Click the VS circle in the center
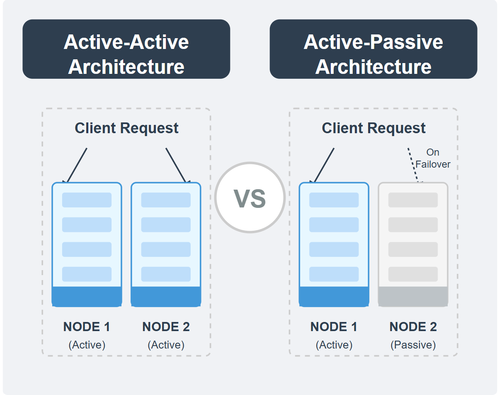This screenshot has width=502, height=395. [x=250, y=197]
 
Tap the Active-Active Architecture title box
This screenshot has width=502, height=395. [x=126, y=49]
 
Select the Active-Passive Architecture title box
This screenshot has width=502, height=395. [x=373, y=49]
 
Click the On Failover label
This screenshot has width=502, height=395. [x=433, y=158]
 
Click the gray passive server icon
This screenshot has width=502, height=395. [x=413, y=244]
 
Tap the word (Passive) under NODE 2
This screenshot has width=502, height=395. [x=413, y=345]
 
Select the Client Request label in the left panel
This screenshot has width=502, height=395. [x=126, y=128]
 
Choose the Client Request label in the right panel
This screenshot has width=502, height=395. [x=373, y=128]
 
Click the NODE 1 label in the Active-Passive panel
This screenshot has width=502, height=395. [x=334, y=327]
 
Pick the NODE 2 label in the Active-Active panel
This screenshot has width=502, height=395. [x=166, y=327]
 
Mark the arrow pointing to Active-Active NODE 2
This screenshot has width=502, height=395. [x=177, y=165]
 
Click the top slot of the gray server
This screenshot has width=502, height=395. [x=413, y=200]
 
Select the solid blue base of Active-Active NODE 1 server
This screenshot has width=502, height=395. [x=87, y=297]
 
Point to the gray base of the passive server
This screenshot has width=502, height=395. [x=413, y=297]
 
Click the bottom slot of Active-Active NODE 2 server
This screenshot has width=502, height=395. [x=166, y=274]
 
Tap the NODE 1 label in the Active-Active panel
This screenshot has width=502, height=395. [x=87, y=327]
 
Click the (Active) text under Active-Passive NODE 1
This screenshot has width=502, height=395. [x=334, y=345]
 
